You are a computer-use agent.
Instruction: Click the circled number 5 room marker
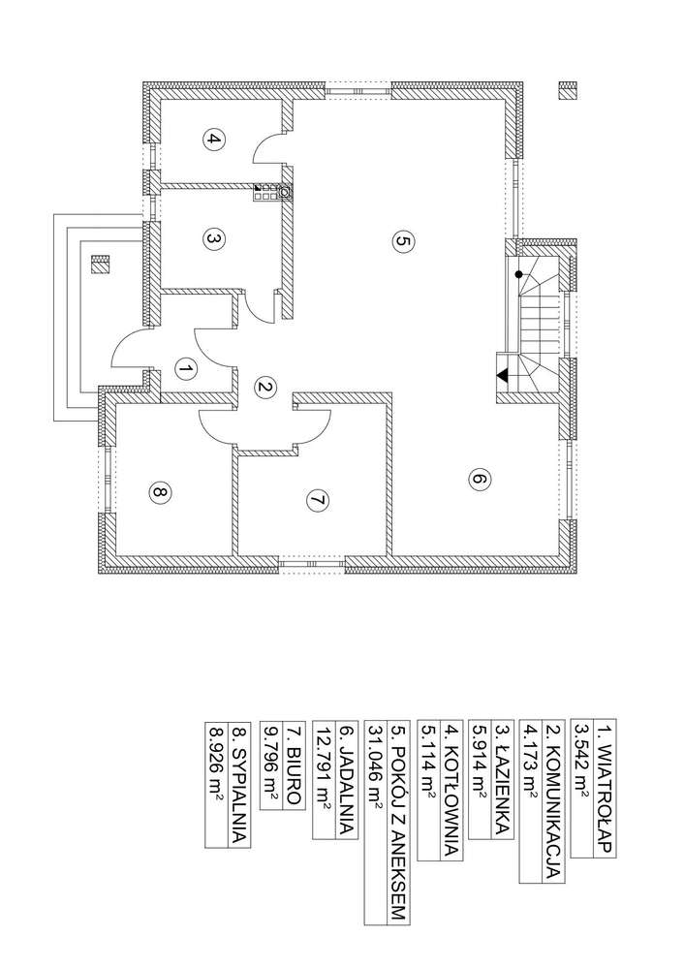pos(402,241)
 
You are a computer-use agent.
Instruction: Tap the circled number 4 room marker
pos(213,140)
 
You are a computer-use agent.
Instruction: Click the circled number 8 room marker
pos(159,492)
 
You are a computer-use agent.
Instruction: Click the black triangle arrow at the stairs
pos(503,375)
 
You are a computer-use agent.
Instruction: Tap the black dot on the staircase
pos(519,274)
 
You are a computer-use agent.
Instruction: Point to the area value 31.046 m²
pos(376,763)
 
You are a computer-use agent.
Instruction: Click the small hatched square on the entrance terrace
pos(100,265)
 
